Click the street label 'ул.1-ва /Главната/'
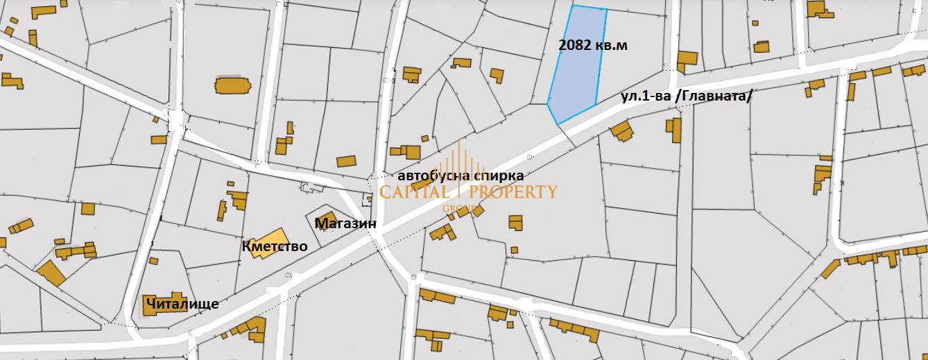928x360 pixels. tap(685, 98)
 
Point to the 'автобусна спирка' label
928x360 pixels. tap(461, 176)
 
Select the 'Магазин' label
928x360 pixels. tap(345, 224)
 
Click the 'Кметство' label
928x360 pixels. tap(275, 246)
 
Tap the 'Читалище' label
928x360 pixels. tap(182, 304)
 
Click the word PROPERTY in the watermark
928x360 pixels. tap(515, 192)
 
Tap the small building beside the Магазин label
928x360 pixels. tap(326, 217)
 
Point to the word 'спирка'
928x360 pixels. tap(498, 176)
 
